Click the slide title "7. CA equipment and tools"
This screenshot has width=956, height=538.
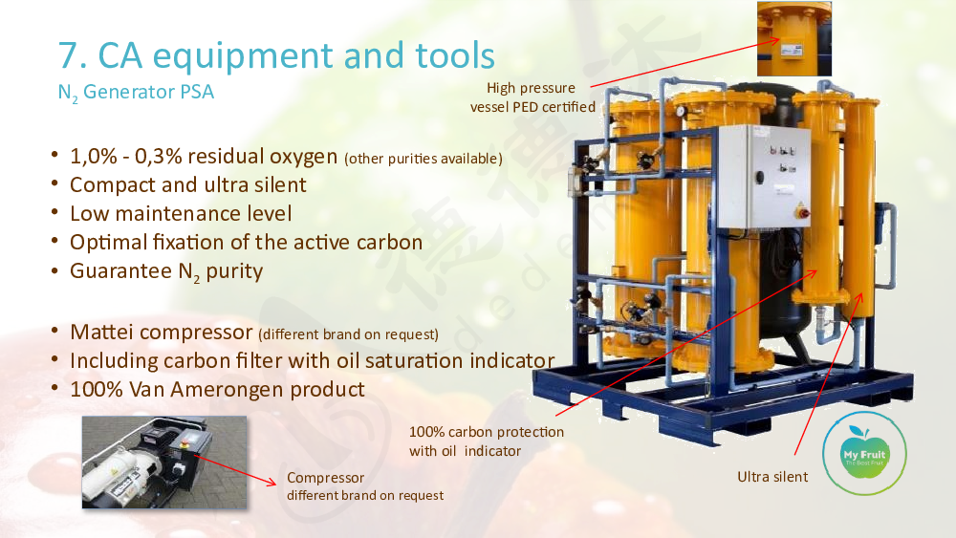pyautogui.click(x=276, y=55)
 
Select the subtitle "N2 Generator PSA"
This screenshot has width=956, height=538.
pyautogui.click(x=136, y=93)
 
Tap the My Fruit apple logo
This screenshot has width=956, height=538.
pyautogui.click(x=864, y=453)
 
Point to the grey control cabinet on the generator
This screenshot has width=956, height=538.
pyautogui.click(x=763, y=176)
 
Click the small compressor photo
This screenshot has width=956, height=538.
pyautogui.click(x=164, y=462)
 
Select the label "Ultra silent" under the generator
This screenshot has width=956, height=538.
pyautogui.click(x=772, y=477)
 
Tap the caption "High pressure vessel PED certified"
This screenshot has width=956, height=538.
pyautogui.click(x=532, y=97)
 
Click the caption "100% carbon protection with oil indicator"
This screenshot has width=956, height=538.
pyautogui.click(x=486, y=441)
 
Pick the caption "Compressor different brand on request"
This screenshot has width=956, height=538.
pyautogui.click(x=364, y=486)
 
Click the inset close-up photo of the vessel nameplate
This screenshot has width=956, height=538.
pyautogui.click(x=793, y=38)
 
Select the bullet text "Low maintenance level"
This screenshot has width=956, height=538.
pyautogui.click(x=181, y=214)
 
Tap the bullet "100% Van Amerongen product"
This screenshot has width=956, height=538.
pyautogui.click(x=217, y=389)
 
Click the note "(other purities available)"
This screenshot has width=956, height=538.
pyautogui.click(x=424, y=159)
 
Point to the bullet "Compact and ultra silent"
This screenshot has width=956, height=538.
pyautogui.click(x=187, y=184)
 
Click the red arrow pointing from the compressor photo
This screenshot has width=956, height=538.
pyautogui.click(x=235, y=470)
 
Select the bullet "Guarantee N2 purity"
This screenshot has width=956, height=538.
pyautogui.click(x=166, y=271)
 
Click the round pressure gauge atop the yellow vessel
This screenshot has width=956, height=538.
pyautogui.click(x=681, y=112)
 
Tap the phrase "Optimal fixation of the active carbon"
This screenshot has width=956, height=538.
pyautogui.click(x=246, y=243)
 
